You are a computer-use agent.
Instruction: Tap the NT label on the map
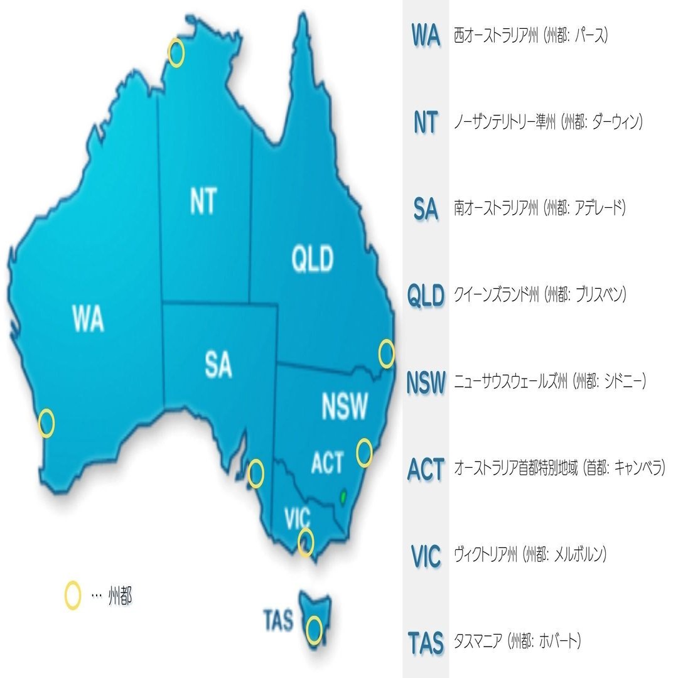click(x=202, y=201)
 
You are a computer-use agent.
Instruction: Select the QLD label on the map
click(x=313, y=259)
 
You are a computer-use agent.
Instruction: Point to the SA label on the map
click(x=218, y=365)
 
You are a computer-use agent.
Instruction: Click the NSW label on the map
click(x=344, y=406)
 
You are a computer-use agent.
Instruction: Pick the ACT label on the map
click(x=327, y=463)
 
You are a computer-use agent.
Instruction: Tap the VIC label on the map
click(x=297, y=519)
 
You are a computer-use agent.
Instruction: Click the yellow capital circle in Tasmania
click(x=315, y=629)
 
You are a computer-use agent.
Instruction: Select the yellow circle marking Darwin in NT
click(x=176, y=53)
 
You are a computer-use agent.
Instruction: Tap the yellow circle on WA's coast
click(x=46, y=424)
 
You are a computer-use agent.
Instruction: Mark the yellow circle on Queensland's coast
click(x=387, y=354)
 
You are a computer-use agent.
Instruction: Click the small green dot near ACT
click(x=343, y=496)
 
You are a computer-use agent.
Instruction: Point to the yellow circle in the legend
click(x=73, y=596)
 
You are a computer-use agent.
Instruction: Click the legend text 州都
click(x=120, y=596)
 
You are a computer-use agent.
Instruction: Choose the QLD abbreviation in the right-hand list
click(x=426, y=295)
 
